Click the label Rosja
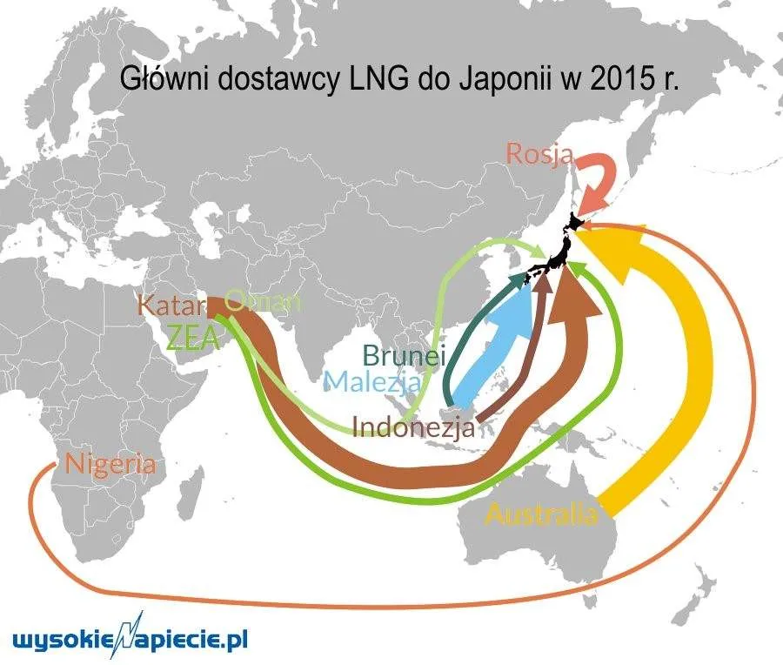point(539,156)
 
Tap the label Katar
point(171,306)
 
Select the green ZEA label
point(194,336)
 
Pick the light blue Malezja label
point(372,381)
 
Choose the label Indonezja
point(413,427)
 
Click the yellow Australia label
point(541,514)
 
